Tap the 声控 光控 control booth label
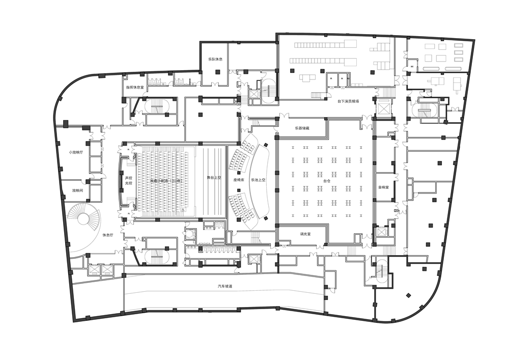(128, 181)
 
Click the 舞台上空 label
(214, 178)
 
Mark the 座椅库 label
(239, 180)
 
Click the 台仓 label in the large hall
(326, 180)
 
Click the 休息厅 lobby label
(107, 235)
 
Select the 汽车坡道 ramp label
(224, 287)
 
